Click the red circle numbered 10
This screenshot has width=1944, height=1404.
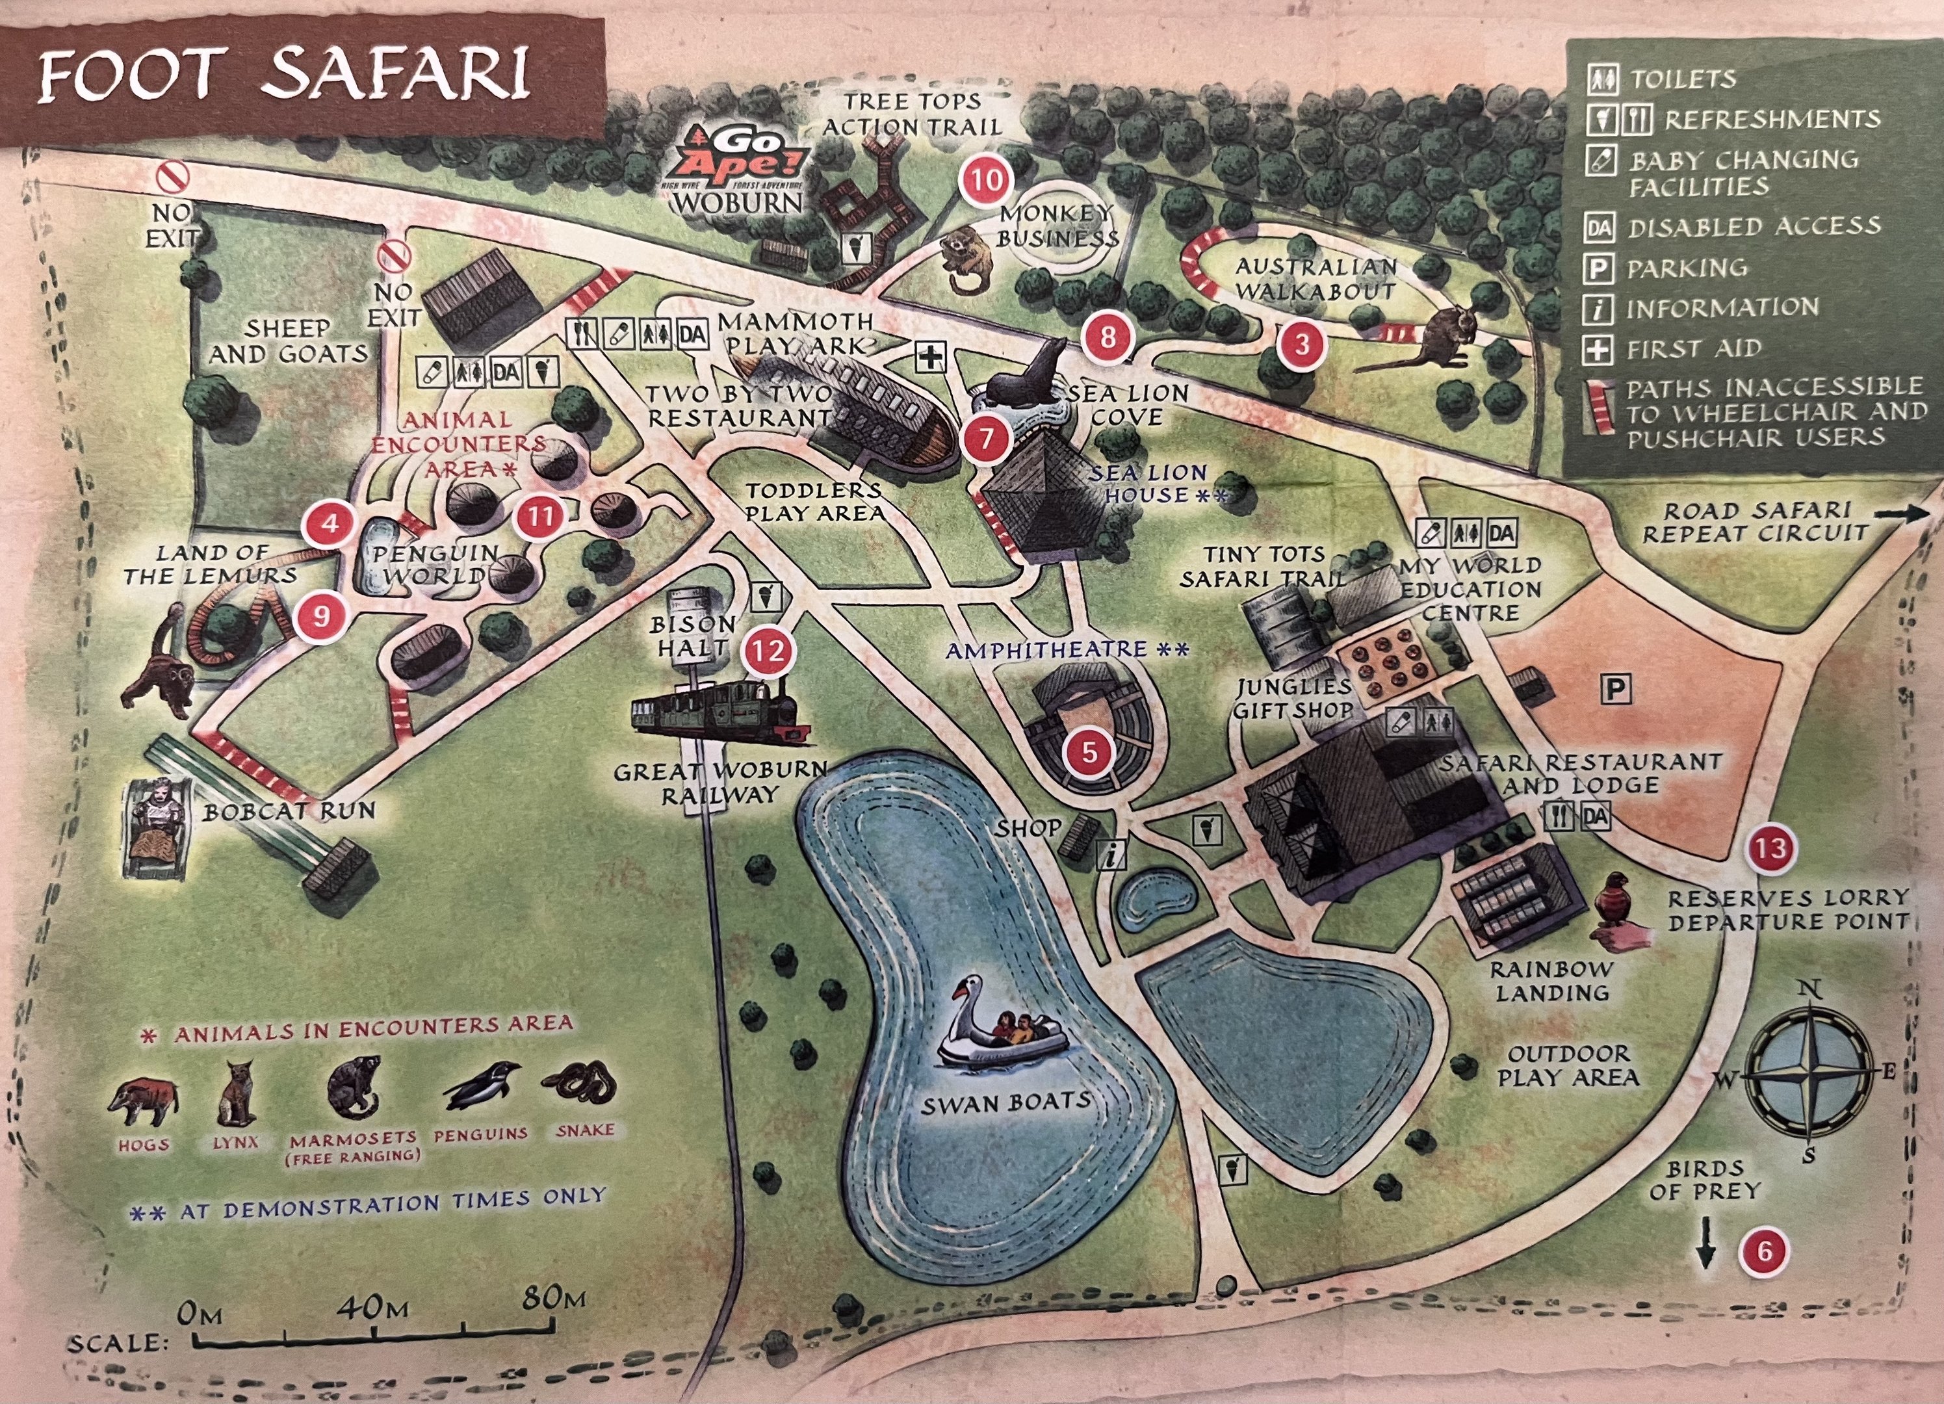pyautogui.click(x=986, y=181)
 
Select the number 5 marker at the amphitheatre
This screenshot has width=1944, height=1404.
pyautogui.click(x=1089, y=751)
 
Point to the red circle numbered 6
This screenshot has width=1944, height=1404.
pyautogui.click(x=1764, y=1251)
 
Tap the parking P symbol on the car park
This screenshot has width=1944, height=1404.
pyautogui.click(x=1616, y=689)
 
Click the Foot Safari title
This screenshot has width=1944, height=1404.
pyautogui.click(x=283, y=75)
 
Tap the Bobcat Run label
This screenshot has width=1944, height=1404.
pyautogui.click(x=289, y=811)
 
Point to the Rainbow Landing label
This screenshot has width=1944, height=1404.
pyautogui.click(x=1551, y=981)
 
